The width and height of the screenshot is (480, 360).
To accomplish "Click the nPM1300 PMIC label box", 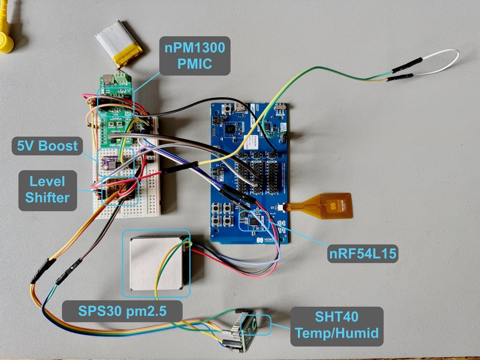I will pos(195,56).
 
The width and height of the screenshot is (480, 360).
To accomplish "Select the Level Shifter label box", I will pos(47,189).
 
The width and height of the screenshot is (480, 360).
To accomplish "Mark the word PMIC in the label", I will pos(195,64).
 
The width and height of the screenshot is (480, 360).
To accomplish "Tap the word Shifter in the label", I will pos(47,197).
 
